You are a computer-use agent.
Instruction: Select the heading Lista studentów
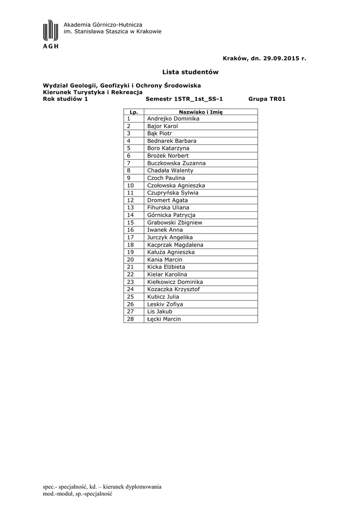(190, 72)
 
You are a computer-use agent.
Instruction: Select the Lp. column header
(133, 112)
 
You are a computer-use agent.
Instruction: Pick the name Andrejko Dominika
(173, 119)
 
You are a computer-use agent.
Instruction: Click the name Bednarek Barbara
(171, 141)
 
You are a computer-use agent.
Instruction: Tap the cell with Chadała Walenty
(170, 171)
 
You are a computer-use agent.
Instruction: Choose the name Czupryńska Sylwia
(172, 192)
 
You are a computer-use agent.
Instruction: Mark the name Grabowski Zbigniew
(174, 223)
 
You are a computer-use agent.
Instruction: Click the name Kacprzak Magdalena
(175, 245)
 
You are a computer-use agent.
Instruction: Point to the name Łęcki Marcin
(164, 319)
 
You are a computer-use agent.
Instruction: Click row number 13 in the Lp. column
(131, 208)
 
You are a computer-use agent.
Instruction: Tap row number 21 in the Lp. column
(131, 267)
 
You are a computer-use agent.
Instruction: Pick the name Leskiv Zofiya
(165, 304)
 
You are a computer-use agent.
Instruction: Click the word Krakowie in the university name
(148, 32)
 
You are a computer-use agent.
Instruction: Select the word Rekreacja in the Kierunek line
(126, 92)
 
